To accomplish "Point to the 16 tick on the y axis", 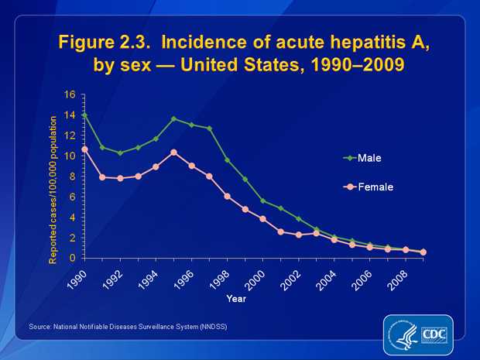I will click(x=70, y=95).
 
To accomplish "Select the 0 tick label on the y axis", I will click(x=72, y=258).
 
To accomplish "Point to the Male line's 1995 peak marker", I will click(x=173, y=119).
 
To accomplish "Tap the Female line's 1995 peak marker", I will click(x=173, y=153).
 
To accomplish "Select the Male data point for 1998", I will click(x=227, y=160).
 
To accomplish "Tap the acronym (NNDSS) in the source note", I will click(x=211, y=327).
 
